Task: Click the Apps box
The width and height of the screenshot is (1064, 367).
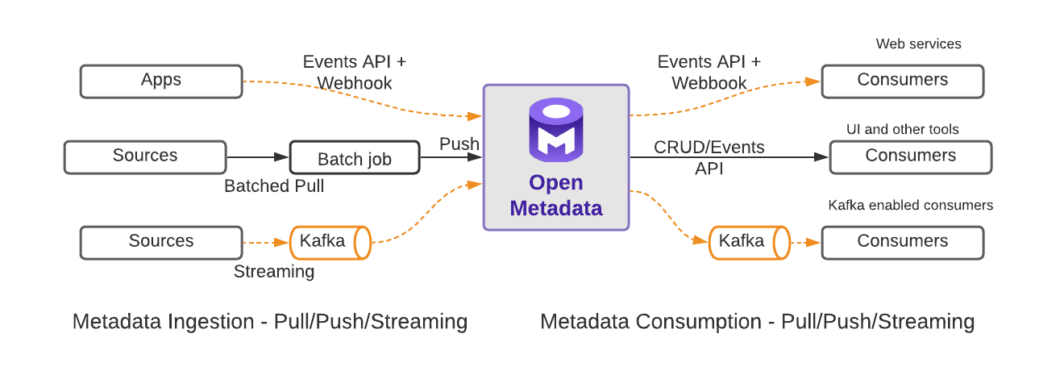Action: [x=161, y=81]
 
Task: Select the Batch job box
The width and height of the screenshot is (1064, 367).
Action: [x=355, y=158]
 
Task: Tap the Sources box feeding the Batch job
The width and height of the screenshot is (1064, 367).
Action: [x=145, y=157]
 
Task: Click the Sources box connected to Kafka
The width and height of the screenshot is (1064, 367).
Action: [x=161, y=242]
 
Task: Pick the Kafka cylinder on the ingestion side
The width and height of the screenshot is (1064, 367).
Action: [x=330, y=242]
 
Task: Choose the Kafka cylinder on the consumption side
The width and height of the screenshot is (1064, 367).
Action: [x=749, y=242]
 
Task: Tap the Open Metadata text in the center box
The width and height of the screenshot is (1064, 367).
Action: [x=555, y=195]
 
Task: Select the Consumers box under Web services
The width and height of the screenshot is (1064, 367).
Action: [x=902, y=81]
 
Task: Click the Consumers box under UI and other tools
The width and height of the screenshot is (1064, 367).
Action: [x=910, y=157]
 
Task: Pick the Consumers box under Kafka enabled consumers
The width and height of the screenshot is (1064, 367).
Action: [x=902, y=242]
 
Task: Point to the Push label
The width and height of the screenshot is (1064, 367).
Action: [x=459, y=144]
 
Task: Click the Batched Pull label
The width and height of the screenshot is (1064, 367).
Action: [x=274, y=186]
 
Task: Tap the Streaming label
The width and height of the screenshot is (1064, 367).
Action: [x=274, y=272]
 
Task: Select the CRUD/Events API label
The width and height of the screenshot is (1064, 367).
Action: [x=709, y=157]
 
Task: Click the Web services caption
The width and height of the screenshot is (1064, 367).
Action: [x=918, y=44]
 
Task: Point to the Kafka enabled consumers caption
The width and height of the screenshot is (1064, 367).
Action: [x=911, y=206]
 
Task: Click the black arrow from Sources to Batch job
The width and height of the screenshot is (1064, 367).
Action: [x=258, y=157]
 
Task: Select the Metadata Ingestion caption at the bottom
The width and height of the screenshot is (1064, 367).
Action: [x=270, y=322]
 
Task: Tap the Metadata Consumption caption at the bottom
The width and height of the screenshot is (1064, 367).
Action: [x=757, y=322]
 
